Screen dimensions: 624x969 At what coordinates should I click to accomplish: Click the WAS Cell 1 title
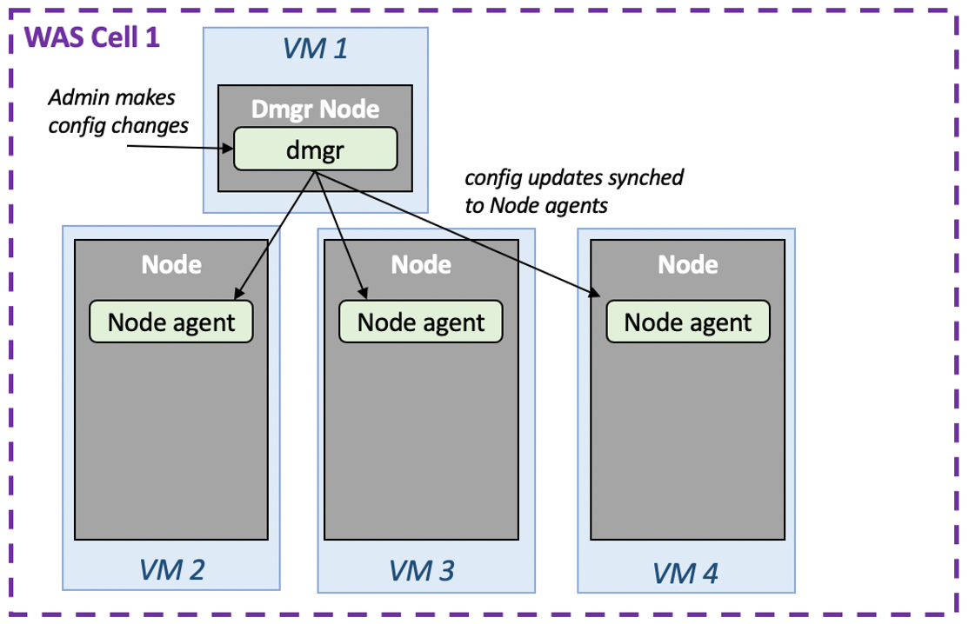coord(92,38)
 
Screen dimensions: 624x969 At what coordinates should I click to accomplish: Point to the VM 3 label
coord(421,570)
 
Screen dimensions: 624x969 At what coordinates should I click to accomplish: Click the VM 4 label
coord(685,573)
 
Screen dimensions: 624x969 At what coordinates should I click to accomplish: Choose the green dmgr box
coord(315,149)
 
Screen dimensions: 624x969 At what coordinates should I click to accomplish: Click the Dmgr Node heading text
coord(315,109)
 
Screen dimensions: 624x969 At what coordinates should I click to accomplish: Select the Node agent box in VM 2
coord(171,322)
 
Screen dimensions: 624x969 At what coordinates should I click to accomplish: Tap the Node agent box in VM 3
coord(421,322)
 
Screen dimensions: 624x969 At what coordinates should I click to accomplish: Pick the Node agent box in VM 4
coord(687,322)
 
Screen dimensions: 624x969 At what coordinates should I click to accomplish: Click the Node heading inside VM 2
coord(171,263)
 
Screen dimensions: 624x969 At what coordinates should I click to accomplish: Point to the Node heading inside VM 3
coord(421,263)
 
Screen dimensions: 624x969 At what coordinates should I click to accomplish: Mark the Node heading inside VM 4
coord(687,263)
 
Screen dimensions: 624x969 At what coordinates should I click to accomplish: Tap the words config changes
coord(118,125)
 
